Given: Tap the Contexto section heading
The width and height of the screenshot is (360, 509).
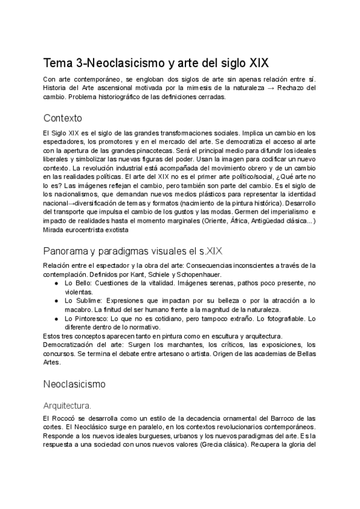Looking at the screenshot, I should point(63,118).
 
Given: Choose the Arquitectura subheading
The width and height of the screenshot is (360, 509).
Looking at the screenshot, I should point(67,405).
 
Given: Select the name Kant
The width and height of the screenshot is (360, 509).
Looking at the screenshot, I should point(137,274).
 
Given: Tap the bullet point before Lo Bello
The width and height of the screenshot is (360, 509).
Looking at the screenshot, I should point(56,283).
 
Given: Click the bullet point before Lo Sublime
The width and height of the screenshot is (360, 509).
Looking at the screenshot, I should point(56,300).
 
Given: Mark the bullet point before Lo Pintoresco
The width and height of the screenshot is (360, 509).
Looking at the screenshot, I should point(56,318).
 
